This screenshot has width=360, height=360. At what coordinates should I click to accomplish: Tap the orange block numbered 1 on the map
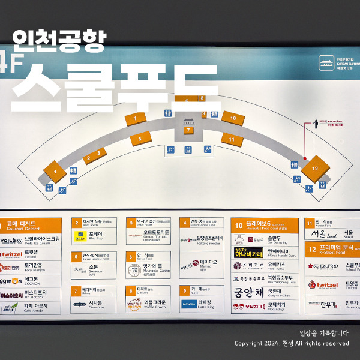(x=55, y=172)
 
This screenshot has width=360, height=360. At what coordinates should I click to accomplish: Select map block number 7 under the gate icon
(x=188, y=130)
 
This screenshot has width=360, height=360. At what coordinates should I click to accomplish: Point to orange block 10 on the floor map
(x=233, y=118)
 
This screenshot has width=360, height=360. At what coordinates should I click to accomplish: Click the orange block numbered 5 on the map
(x=140, y=139)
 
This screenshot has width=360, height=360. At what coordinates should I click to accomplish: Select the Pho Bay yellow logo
(x=80, y=237)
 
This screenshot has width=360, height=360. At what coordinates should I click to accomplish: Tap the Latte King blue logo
(x=189, y=303)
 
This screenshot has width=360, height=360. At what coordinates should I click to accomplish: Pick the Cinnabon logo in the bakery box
(x=80, y=304)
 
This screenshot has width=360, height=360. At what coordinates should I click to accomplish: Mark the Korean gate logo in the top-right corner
(x=326, y=62)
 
